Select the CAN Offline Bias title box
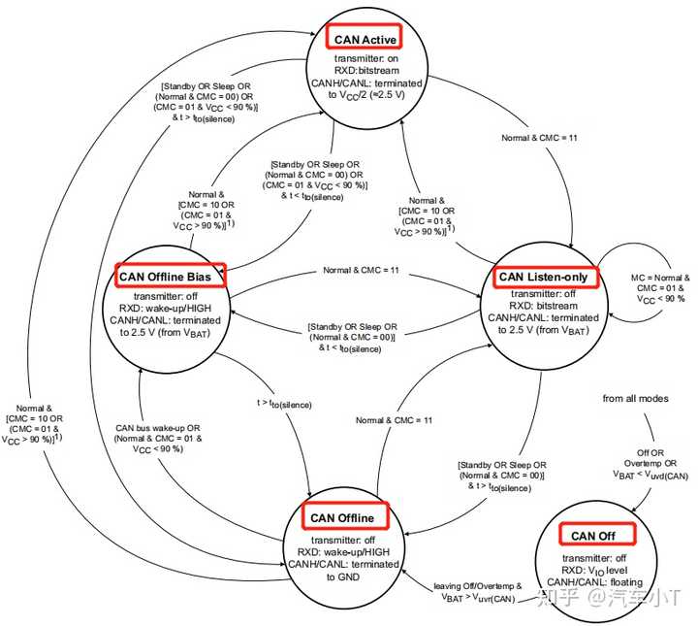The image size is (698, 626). click(x=171, y=276)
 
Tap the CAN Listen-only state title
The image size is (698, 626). click(x=543, y=277)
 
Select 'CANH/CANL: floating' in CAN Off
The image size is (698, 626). click(x=595, y=582)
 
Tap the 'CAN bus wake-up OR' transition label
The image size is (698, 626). click(x=158, y=428)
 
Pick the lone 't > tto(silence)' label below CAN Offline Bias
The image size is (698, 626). click(x=284, y=403)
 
